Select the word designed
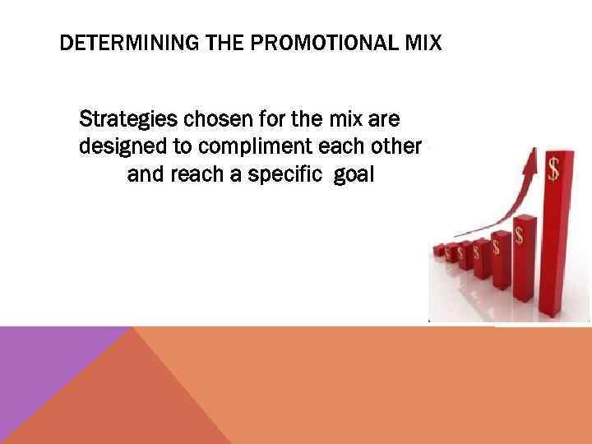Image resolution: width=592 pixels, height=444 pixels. [116, 147]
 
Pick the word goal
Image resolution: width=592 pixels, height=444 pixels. [354, 174]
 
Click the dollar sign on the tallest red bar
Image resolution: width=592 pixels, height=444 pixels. [554, 169]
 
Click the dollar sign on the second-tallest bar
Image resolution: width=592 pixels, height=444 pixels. [520, 236]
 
